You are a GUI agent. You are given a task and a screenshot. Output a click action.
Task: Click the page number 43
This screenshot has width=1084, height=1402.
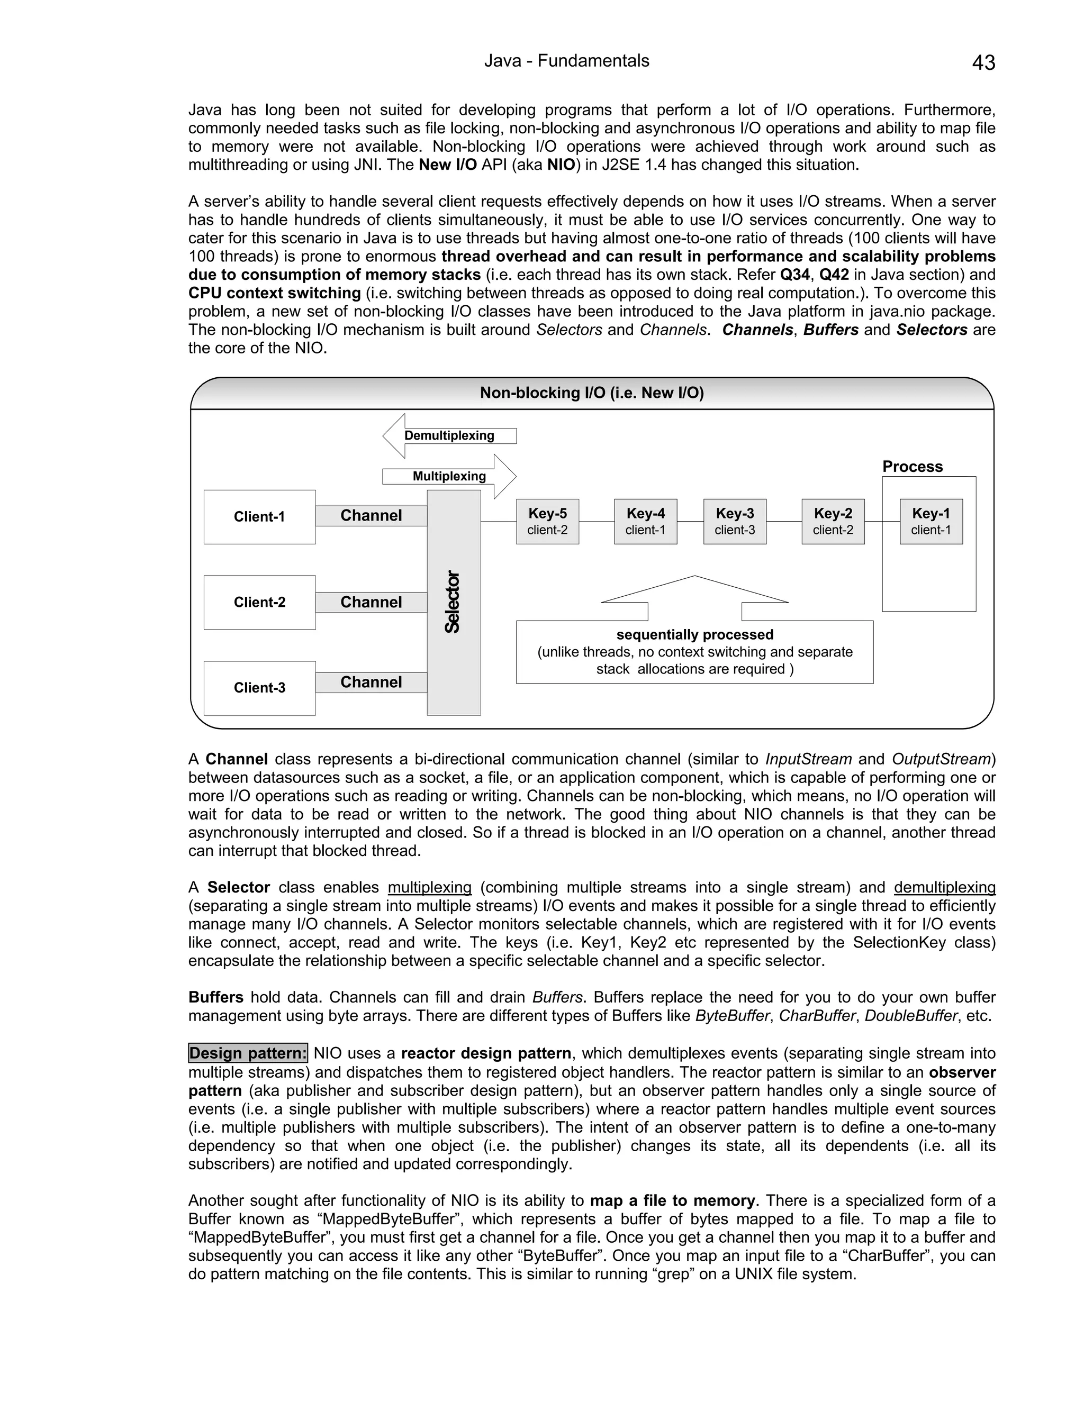(983, 63)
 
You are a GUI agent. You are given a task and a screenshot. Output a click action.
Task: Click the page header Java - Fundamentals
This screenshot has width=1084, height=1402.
(566, 61)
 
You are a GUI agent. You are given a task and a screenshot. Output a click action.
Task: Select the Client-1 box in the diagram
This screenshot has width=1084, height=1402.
(259, 517)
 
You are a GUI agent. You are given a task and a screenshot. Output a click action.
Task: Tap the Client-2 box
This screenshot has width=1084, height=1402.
(259, 602)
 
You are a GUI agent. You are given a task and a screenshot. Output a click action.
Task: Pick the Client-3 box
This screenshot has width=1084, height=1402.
(259, 688)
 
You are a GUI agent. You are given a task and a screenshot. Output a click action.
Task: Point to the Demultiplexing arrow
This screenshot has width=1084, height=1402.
(449, 436)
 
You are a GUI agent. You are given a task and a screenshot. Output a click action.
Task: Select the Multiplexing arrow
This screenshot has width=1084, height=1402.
(449, 476)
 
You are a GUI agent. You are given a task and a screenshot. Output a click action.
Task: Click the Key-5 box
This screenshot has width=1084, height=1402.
(547, 521)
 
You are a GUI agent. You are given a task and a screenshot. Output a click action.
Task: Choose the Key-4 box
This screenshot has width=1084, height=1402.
(645, 521)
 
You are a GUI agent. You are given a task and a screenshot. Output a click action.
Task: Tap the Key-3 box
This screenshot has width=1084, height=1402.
(735, 521)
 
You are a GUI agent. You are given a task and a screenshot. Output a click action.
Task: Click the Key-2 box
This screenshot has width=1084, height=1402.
(833, 521)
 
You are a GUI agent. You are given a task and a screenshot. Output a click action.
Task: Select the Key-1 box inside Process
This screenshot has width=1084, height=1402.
(931, 521)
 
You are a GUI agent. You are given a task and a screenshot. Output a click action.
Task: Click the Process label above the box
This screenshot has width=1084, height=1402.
(912, 467)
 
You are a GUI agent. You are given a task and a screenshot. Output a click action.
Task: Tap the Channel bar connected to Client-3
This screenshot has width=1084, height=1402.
(371, 682)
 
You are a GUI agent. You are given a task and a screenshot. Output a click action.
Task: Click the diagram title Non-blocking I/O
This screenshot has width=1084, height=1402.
(591, 393)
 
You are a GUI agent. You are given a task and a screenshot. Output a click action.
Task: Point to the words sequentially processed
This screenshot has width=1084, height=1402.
(695, 635)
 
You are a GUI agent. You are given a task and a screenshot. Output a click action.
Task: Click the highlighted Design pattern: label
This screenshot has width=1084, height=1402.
(248, 1053)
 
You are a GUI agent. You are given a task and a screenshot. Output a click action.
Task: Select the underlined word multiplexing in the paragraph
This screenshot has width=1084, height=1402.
(430, 888)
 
